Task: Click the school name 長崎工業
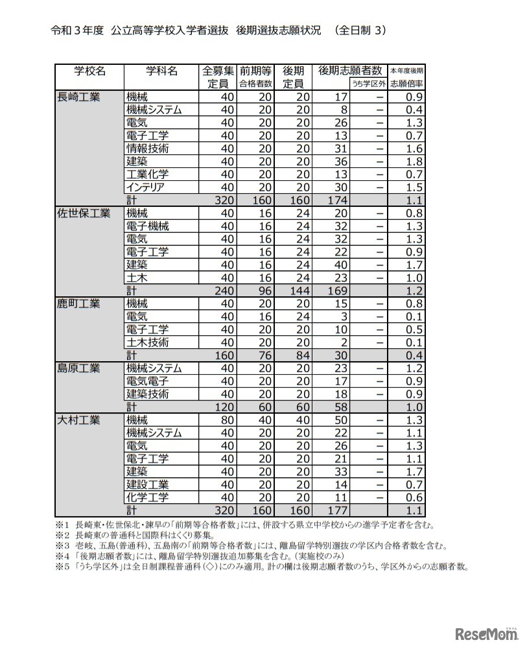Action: [79, 97]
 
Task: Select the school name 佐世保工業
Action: [84, 213]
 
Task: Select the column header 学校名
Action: [89, 71]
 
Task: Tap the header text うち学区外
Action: [368, 84]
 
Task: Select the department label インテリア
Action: [145, 187]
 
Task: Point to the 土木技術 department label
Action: [148, 342]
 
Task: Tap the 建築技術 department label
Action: [148, 394]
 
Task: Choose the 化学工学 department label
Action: [148, 497]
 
